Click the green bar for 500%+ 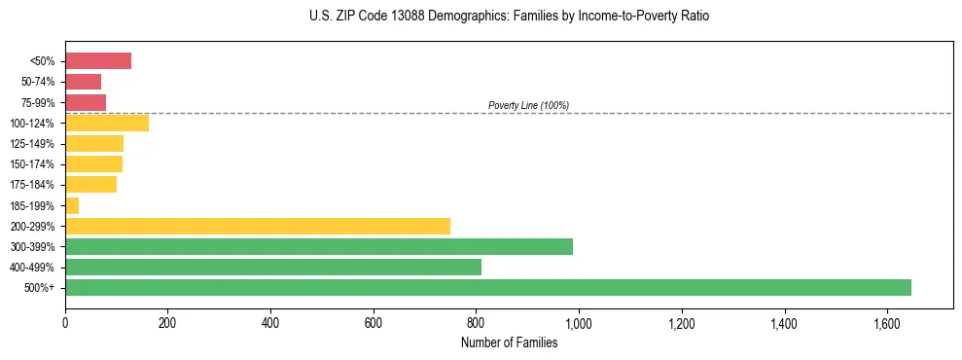[487, 287]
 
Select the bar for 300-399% [318, 246]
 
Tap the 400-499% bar [272, 267]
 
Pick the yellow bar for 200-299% [257, 226]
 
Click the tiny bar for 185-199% [72, 205]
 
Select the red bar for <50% [97, 61]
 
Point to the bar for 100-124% [106, 123]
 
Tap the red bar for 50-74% [83, 82]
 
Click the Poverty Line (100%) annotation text [528, 105]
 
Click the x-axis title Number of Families [509, 342]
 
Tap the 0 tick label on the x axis [65, 321]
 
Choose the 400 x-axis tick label [270, 321]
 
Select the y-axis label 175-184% [35, 185]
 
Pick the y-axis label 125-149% [35, 144]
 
